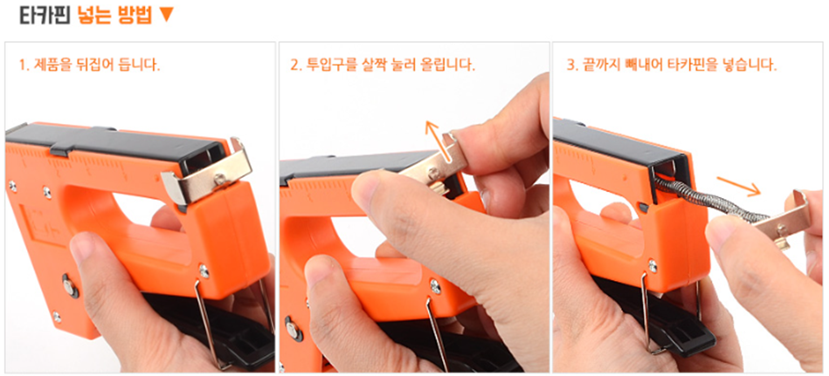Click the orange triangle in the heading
coord(166,16)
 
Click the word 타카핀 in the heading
coord(45,15)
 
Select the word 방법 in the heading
coord(135,15)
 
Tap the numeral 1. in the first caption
coord(23,66)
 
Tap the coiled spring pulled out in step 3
coord(709,200)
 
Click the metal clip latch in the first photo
coord(209,174)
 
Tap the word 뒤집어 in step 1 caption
coord(104,66)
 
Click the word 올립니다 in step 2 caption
coord(446,65)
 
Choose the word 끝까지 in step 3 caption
coord(600,65)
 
